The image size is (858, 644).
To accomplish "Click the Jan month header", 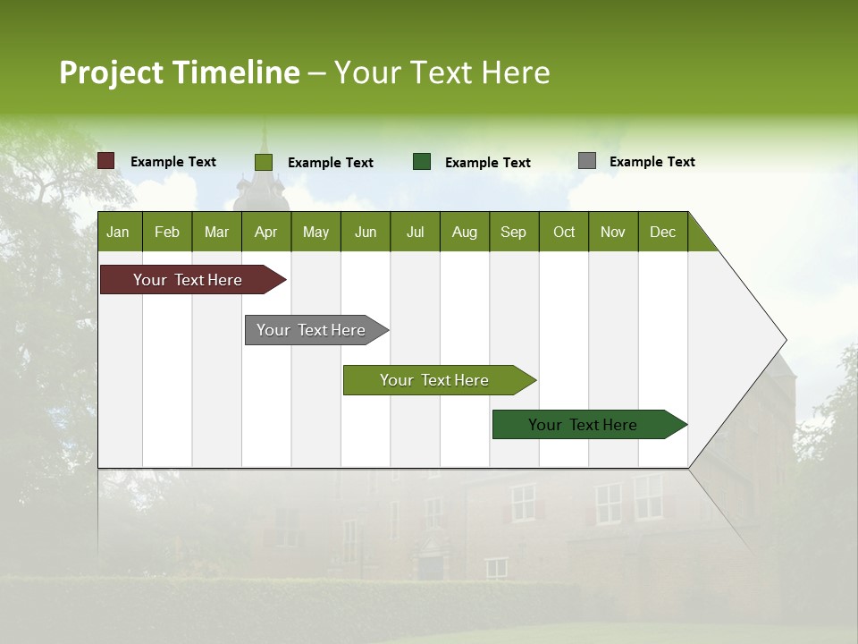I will pyautogui.click(x=119, y=232).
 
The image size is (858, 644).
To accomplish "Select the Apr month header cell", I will pyautogui.click(x=266, y=232).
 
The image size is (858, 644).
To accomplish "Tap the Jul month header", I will pyautogui.click(x=415, y=232).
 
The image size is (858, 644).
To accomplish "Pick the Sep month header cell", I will pyautogui.click(x=514, y=232).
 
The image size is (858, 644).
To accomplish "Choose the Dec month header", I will pyautogui.click(x=662, y=232).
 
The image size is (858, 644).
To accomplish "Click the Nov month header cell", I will pyautogui.click(x=613, y=232).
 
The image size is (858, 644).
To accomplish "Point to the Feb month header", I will pyautogui.click(x=167, y=232).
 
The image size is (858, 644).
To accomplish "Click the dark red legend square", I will pyautogui.click(x=105, y=161).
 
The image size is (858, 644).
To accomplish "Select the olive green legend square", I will pyautogui.click(x=263, y=162).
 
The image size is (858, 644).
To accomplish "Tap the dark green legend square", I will pyautogui.click(x=421, y=162).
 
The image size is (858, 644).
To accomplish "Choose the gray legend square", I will pyautogui.click(x=586, y=161).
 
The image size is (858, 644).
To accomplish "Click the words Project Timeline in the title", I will pyautogui.click(x=179, y=72).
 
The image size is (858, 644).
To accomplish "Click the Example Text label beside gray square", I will pyautogui.click(x=652, y=162).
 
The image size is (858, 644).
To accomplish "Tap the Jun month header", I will pyautogui.click(x=366, y=232).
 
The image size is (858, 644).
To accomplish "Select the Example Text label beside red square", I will pyautogui.click(x=172, y=162).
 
